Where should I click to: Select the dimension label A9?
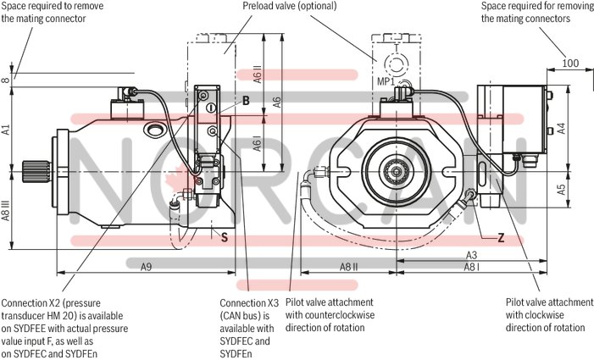coord(146,266)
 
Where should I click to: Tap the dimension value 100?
coord(570,64)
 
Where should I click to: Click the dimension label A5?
coord(561,189)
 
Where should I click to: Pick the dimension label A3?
coord(471,255)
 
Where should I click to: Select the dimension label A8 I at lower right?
coord(471,267)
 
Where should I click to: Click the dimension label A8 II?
coord(348,266)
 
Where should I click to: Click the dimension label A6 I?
coord(258,145)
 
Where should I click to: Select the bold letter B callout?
coord(246,101)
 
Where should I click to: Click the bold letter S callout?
coord(224,238)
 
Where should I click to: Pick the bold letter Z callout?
coord(501,238)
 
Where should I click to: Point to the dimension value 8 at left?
coord(6,80)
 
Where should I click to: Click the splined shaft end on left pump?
coord(35,169)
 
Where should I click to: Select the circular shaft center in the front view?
coord(394,172)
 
